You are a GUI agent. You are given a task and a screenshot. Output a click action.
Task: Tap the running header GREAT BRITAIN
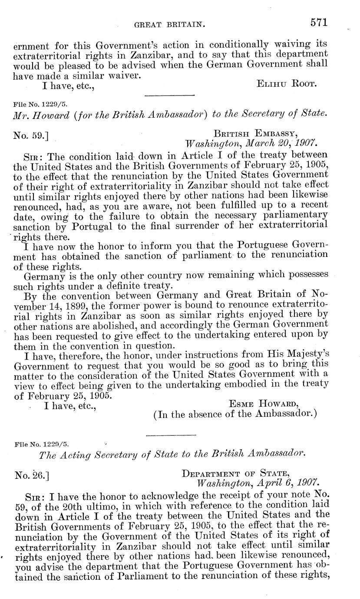tap(170, 25)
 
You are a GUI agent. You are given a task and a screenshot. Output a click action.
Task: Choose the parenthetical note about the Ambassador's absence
tap(235, 414)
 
